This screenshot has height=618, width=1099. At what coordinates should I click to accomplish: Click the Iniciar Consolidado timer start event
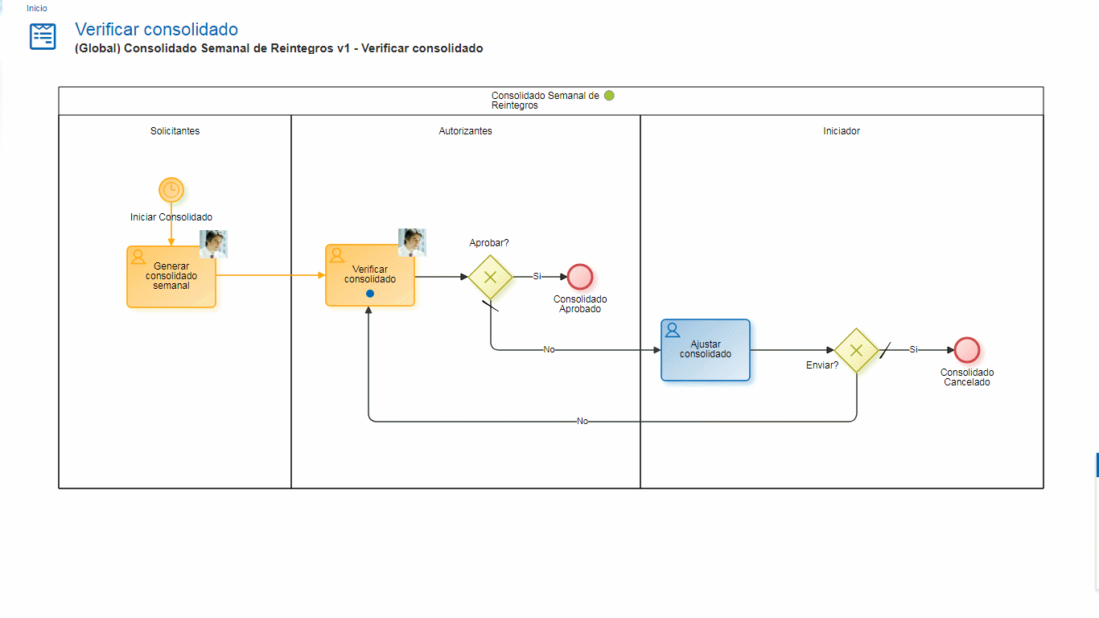(x=171, y=190)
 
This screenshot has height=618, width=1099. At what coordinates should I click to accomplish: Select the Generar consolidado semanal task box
(x=171, y=276)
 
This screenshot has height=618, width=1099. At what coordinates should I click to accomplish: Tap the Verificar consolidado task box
(x=370, y=275)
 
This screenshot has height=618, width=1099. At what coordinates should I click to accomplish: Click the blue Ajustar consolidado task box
(x=706, y=350)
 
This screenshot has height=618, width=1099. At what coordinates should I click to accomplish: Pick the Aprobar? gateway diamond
(x=491, y=277)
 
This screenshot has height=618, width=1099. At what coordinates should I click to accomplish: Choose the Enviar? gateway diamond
(x=856, y=350)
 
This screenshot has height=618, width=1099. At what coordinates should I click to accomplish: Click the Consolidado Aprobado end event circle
(x=580, y=277)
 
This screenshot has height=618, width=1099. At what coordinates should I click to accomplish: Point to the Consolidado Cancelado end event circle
(x=967, y=350)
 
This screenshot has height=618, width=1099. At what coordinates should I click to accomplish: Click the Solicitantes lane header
(x=175, y=130)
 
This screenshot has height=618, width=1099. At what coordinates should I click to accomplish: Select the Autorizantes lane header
(x=465, y=130)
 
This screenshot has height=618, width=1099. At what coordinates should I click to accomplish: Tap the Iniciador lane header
(x=842, y=130)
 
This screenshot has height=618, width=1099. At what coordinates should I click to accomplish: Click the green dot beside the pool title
(x=609, y=95)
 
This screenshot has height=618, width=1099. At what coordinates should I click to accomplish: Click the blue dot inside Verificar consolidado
(x=370, y=294)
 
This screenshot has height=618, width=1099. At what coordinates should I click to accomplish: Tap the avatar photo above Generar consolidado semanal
(x=213, y=244)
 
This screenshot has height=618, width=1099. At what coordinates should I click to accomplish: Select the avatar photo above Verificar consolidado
(x=412, y=242)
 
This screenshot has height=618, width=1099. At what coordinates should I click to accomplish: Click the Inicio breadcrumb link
(x=37, y=8)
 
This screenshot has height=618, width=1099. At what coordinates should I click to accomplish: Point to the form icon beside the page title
(x=43, y=36)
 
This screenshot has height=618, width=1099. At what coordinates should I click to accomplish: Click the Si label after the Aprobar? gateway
(x=537, y=277)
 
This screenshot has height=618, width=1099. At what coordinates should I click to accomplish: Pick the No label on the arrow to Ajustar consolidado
(x=549, y=350)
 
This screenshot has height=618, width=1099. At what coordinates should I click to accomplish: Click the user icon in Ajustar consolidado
(x=673, y=330)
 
